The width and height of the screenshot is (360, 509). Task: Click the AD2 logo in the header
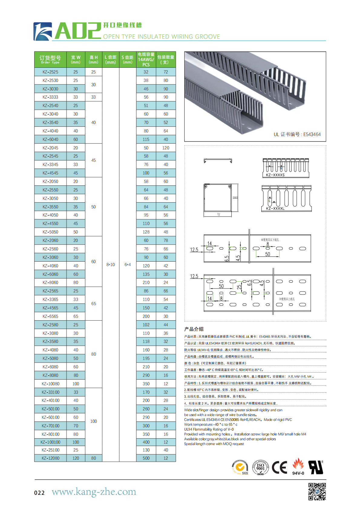click(67, 31)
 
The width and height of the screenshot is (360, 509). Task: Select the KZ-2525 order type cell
click(50, 72)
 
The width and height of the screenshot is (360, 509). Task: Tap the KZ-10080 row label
click(50, 384)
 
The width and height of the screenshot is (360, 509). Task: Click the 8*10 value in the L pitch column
click(110, 265)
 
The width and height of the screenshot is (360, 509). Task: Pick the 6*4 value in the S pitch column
click(128, 265)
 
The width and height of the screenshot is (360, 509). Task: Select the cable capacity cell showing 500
click(146, 458)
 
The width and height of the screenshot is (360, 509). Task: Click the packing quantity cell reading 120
click(166, 148)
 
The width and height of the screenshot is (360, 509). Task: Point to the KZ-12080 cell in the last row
click(50, 458)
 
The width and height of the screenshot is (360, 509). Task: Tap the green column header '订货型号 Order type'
click(50, 59)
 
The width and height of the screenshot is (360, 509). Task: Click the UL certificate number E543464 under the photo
click(297, 134)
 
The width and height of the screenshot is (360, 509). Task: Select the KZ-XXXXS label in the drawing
click(275, 175)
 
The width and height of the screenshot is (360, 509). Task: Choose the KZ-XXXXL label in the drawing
click(275, 208)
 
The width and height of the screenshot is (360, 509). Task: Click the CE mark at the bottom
click(279, 468)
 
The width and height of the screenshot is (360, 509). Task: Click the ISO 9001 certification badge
click(260, 468)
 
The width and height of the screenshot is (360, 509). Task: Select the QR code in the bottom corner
click(317, 491)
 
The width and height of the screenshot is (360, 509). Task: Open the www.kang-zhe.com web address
click(94, 492)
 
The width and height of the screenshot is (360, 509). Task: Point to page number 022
click(39, 493)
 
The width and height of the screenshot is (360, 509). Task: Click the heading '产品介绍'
click(194, 329)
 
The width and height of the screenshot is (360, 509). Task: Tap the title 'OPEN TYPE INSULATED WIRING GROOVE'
click(162, 37)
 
